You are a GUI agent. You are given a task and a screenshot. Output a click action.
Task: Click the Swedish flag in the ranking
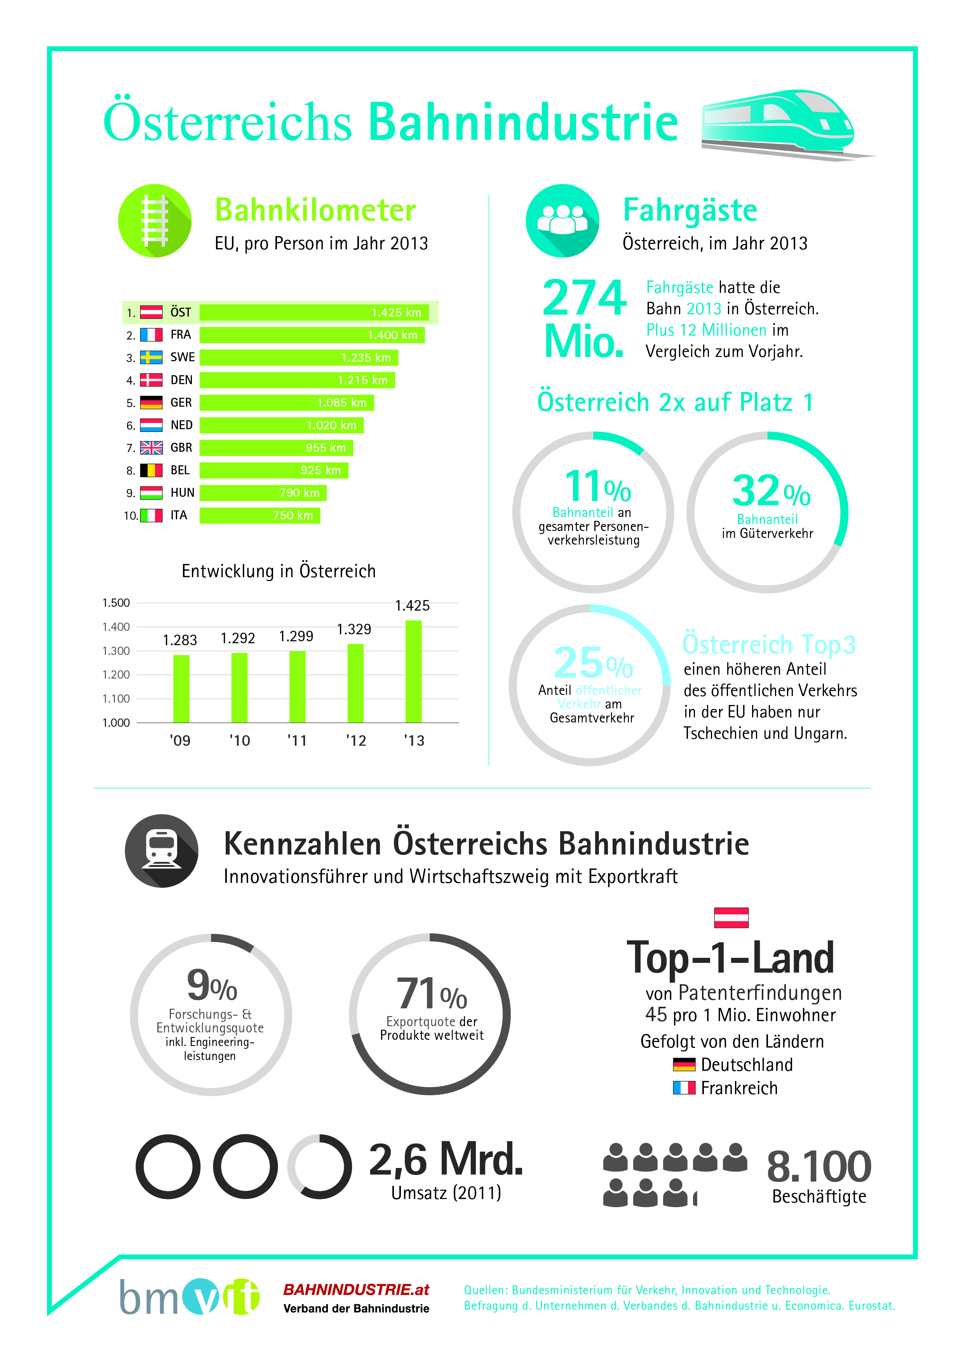click(151, 357)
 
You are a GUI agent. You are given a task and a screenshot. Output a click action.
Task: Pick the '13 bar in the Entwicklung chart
click(413, 671)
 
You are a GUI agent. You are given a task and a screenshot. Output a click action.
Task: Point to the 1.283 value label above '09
click(180, 640)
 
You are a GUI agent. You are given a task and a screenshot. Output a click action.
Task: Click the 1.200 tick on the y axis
click(116, 675)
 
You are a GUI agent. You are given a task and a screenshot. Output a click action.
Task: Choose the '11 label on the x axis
click(297, 740)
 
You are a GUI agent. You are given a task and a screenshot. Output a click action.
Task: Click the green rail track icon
click(155, 221)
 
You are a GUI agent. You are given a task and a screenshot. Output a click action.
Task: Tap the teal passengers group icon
click(562, 221)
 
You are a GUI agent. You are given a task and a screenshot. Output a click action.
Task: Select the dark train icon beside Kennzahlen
click(161, 851)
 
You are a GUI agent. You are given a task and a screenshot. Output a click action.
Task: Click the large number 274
click(584, 298)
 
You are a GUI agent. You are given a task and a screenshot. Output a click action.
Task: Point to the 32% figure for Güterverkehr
click(770, 491)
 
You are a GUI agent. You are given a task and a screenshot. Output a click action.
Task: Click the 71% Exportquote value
click(431, 994)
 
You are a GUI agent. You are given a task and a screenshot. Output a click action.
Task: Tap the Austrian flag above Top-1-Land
click(731, 917)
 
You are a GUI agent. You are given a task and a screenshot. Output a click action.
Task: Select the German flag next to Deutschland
click(684, 1065)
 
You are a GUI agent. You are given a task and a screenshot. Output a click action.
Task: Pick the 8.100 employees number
click(818, 1166)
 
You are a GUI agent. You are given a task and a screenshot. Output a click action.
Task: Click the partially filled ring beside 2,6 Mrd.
click(320, 1166)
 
